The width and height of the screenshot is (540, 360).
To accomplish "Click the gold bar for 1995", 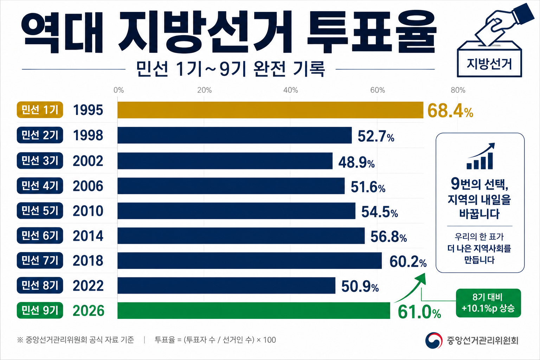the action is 270,110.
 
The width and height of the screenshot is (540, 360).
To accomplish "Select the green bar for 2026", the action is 253,310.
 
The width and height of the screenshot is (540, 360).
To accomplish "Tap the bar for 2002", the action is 225,161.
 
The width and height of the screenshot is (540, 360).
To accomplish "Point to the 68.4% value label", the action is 450,111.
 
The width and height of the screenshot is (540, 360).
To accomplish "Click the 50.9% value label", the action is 360,287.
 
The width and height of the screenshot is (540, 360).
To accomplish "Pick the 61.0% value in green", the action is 419,312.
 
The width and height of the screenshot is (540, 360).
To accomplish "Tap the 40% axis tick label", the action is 290,90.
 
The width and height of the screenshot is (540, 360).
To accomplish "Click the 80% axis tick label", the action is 458,90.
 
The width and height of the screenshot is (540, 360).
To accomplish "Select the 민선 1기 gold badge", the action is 40,110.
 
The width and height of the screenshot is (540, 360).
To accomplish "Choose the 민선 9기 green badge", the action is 40,310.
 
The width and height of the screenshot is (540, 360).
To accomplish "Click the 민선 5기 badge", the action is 40,211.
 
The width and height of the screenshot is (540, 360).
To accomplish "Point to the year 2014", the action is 88,236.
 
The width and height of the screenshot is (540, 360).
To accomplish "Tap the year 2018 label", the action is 88,261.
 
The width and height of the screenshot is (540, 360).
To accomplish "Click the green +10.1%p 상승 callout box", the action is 488,303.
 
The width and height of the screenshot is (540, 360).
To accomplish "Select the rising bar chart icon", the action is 480,156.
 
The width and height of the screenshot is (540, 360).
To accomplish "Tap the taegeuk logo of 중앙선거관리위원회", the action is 434,340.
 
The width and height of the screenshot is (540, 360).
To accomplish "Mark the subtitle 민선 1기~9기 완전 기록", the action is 231,69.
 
